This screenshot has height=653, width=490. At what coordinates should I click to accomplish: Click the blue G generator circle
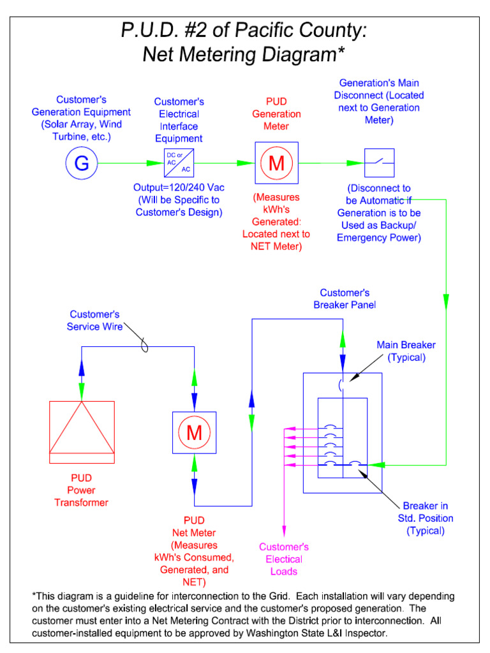tap(82, 163)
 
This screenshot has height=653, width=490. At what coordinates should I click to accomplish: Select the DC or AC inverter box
tap(179, 163)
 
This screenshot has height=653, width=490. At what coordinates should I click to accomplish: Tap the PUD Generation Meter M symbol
tap(276, 163)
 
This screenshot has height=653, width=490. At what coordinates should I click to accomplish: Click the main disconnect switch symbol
tap(379, 163)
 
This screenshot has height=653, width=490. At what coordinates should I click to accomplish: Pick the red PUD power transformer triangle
tap(82, 427)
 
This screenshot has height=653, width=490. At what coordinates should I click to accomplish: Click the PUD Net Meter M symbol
tap(194, 433)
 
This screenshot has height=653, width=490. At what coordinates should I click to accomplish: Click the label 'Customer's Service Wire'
tap(94, 320)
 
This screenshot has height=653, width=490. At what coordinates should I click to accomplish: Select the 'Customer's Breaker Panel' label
tap(345, 298)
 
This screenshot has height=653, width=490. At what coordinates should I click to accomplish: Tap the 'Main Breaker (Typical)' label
tap(406, 351)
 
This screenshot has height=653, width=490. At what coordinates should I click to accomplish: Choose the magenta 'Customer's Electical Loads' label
tap(284, 559)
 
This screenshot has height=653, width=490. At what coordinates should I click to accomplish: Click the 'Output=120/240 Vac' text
tap(179, 187)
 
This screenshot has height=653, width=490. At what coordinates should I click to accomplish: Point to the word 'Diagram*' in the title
tap(297, 55)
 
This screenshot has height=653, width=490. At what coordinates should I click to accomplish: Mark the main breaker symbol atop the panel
tap(342, 385)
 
